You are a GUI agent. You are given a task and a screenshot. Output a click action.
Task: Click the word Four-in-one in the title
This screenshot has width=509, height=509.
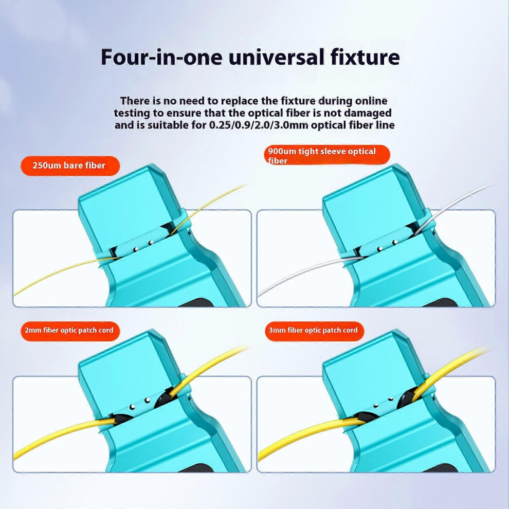tap(161, 57)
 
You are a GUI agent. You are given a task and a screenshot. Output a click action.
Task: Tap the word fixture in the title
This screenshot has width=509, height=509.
tap(365, 57)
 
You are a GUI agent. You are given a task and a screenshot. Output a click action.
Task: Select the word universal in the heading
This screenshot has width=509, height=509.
tap(277, 57)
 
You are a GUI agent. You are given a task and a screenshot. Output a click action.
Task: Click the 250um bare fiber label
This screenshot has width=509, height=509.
tap(70, 166)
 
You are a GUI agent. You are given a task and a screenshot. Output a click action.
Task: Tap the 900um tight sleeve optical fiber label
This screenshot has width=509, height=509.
tap(327, 155)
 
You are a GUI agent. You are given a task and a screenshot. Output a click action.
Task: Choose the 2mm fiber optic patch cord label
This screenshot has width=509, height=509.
tap(70, 331)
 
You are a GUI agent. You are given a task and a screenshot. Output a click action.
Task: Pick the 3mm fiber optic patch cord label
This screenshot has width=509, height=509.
tap(314, 331)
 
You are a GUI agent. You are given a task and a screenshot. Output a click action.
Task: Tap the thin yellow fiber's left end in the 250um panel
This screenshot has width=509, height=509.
tap(15, 294)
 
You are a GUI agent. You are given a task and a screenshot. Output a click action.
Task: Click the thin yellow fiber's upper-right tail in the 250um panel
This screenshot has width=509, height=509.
tap(245, 186)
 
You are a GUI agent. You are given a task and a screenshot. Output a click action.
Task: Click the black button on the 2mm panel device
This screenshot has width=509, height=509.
tap(197, 468)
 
